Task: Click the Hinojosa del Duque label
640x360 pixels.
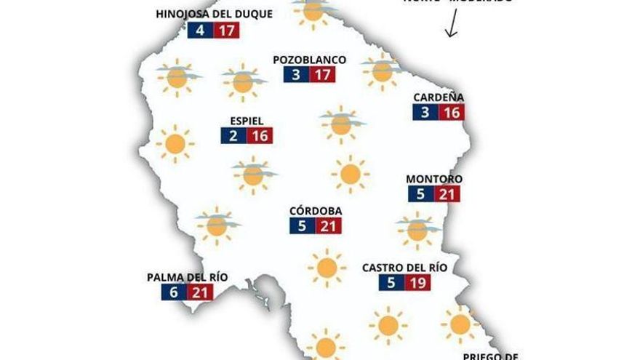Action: [x=215, y=14]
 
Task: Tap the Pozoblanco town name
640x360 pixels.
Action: [x=309, y=60]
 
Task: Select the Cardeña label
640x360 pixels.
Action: [x=439, y=97]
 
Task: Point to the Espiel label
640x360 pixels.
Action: [x=246, y=121]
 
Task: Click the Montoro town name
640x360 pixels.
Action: [x=434, y=179]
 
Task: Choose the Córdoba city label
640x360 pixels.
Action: [x=316, y=211]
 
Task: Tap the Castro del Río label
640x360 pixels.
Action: [x=404, y=267]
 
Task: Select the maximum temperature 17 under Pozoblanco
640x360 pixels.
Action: [x=322, y=74]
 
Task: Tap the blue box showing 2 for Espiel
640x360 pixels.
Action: [x=233, y=136]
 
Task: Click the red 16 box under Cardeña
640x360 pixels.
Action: [x=452, y=113]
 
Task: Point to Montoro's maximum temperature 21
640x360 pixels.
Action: [x=447, y=194]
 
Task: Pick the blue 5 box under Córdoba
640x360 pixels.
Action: [x=302, y=226]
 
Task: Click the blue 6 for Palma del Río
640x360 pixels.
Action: [x=173, y=292]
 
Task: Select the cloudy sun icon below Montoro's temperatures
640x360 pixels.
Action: [x=417, y=230]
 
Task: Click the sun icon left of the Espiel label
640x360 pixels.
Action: [x=175, y=144]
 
